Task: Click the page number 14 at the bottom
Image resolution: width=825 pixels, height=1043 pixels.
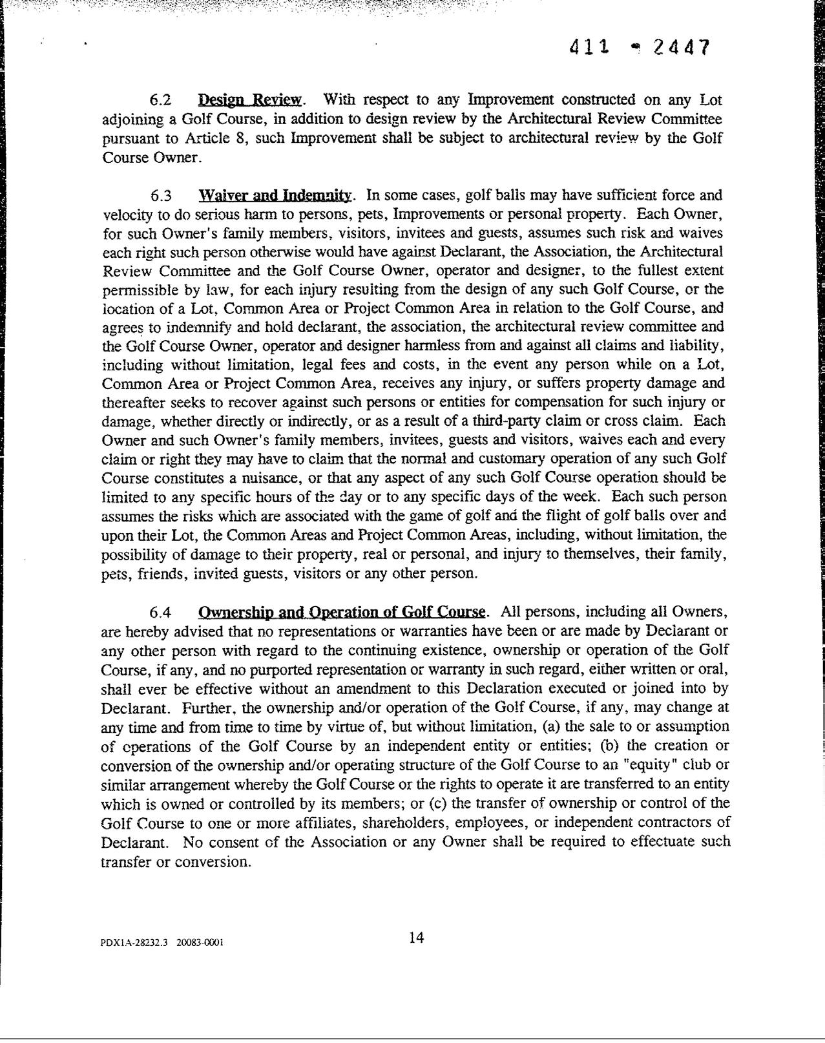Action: click(x=417, y=938)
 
